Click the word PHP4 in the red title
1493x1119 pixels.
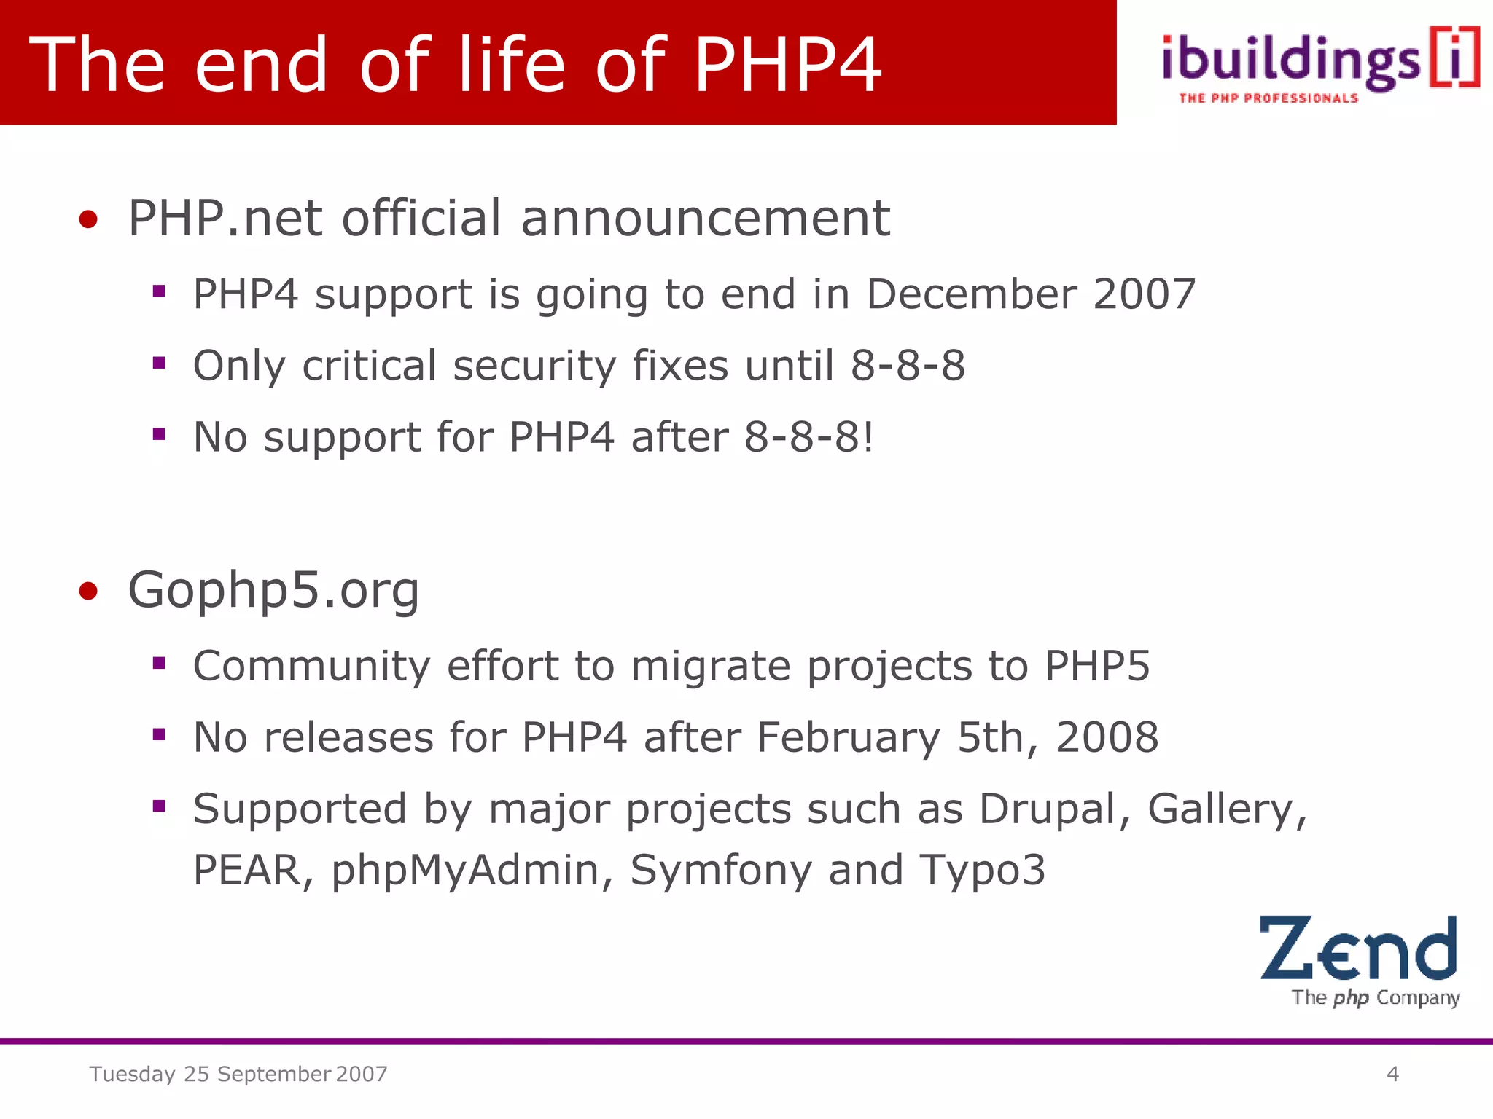(787, 66)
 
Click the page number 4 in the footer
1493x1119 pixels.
(1392, 1074)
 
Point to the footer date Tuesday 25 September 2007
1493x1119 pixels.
(238, 1074)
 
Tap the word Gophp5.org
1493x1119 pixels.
(273, 590)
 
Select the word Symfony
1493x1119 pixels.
(720, 871)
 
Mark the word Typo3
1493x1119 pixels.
(983, 871)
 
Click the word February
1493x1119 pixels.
(849, 738)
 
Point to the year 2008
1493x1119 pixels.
(1107, 738)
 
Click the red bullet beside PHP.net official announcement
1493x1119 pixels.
(88, 219)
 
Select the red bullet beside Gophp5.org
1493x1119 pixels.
(88, 591)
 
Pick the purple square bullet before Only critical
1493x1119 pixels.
(159, 363)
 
